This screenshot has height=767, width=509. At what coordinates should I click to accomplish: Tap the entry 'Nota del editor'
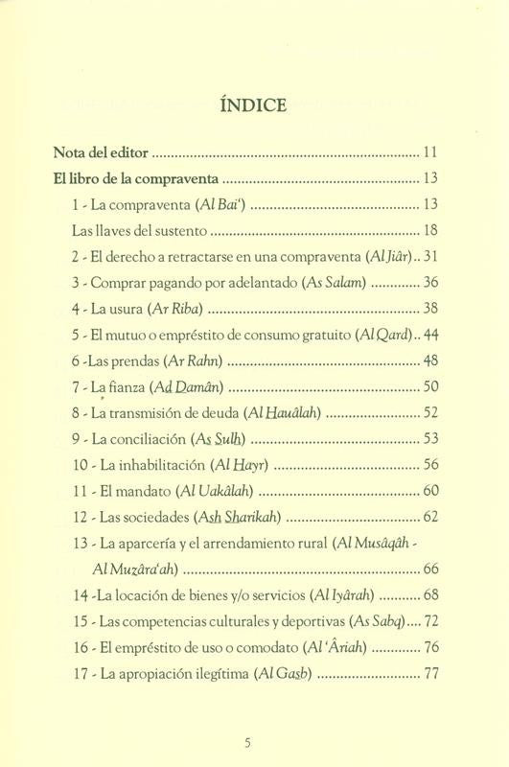pyautogui.click(x=103, y=152)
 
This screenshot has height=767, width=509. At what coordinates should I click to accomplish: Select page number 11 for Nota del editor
pyautogui.click(x=429, y=152)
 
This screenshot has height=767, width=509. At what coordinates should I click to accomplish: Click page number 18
pyautogui.click(x=429, y=231)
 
